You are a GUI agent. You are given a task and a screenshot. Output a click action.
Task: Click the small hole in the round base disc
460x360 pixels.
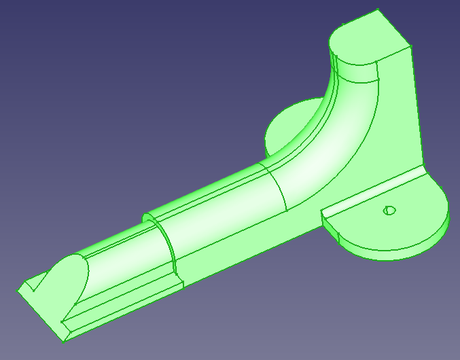point(389,210)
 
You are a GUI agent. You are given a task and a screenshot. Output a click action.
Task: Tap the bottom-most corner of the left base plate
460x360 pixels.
point(68,339)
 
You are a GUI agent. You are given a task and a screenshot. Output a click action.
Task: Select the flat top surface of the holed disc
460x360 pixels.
point(401,217)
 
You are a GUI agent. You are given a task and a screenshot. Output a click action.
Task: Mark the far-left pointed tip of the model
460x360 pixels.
point(17,291)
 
